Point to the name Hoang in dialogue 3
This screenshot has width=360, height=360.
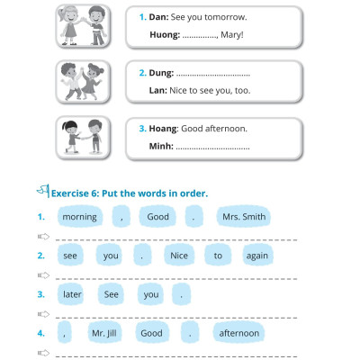(x=166, y=129)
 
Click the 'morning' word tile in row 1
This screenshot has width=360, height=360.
(x=79, y=217)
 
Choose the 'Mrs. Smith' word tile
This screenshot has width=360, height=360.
(x=244, y=217)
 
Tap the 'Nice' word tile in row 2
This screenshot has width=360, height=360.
(x=180, y=256)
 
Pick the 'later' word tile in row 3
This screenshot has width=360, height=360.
(x=72, y=294)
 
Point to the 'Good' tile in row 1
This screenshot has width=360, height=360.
(x=157, y=217)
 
